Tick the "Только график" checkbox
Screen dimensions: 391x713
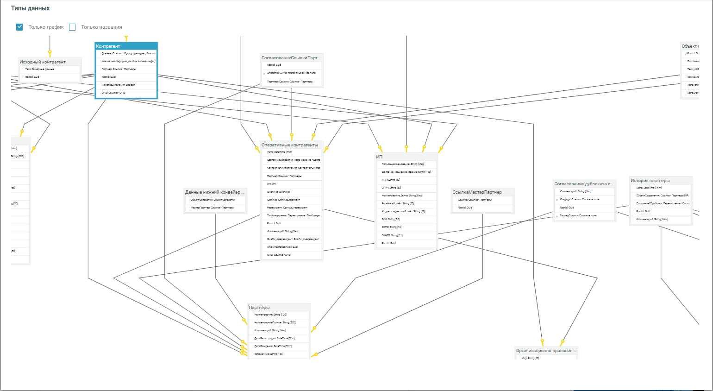coord(19,27)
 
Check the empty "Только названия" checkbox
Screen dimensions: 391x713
coord(72,27)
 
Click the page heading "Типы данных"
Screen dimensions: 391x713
coord(30,8)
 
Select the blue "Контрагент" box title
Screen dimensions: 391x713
coord(108,46)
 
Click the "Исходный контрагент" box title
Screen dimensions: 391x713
coord(43,62)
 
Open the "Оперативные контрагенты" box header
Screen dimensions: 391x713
coord(289,145)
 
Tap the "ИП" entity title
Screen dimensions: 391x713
coord(379,157)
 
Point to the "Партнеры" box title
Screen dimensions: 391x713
coord(259,307)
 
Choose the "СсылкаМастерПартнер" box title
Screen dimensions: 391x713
coord(477,192)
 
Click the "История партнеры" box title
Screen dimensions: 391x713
coord(650,180)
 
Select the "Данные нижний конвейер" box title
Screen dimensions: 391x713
coord(214,192)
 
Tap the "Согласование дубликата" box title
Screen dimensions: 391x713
coord(583,183)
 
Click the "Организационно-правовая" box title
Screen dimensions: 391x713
coord(546,351)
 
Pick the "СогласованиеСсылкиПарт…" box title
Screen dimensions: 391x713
coord(291,58)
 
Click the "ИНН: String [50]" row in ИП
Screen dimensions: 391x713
coord(391,180)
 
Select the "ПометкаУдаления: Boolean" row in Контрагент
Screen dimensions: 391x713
coord(119,85)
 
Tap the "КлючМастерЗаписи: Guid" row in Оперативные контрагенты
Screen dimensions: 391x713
coord(282,247)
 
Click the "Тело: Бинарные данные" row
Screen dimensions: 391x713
coord(40,69)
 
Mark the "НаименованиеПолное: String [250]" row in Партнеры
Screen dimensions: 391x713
coord(275,322)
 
